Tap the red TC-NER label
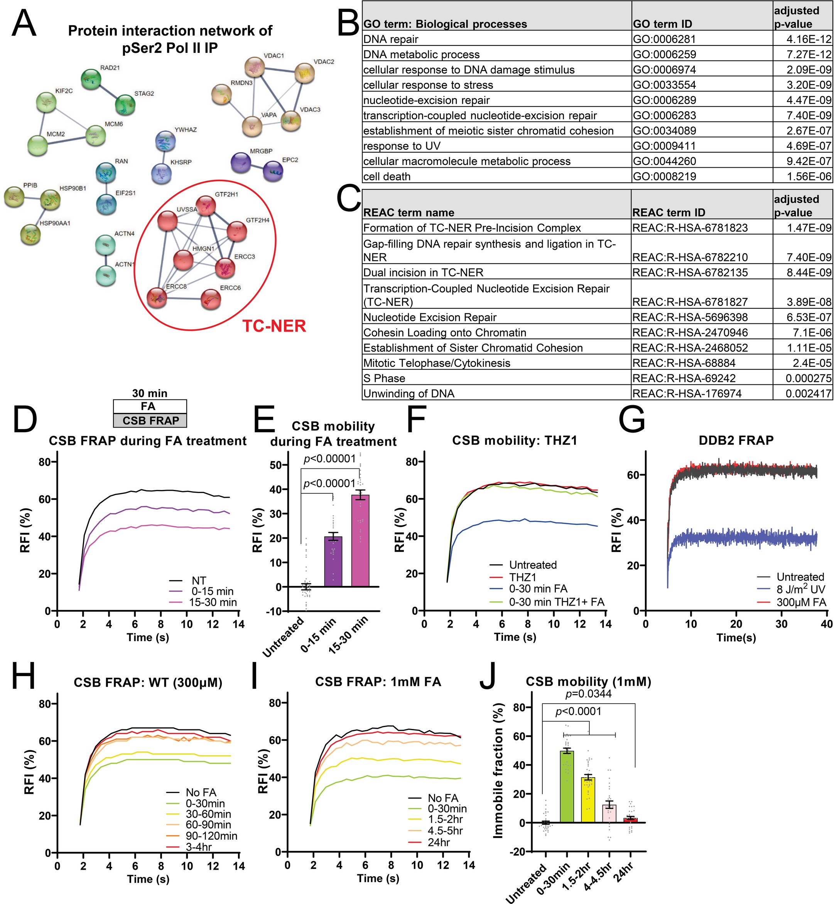click(x=274, y=326)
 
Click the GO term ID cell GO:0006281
click(x=664, y=39)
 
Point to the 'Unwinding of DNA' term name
click(x=409, y=393)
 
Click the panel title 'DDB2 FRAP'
click(x=736, y=440)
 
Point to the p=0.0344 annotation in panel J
click(x=589, y=694)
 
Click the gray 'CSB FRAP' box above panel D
click(x=150, y=421)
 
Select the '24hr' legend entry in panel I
click(x=438, y=842)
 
